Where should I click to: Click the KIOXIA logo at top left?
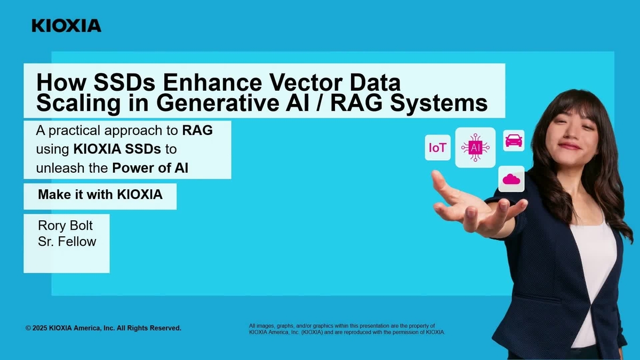click(x=66, y=26)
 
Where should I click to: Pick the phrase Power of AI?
click(x=151, y=168)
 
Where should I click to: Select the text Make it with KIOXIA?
click(x=100, y=195)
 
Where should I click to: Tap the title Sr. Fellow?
click(x=67, y=242)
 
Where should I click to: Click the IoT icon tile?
click(x=438, y=148)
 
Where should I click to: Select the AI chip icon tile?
click(x=475, y=147)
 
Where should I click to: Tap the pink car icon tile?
click(x=514, y=141)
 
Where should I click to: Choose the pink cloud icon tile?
click(x=511, y=179)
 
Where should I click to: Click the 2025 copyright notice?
click(x=103, y=328)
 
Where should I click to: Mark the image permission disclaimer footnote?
click(x=347, y=329)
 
